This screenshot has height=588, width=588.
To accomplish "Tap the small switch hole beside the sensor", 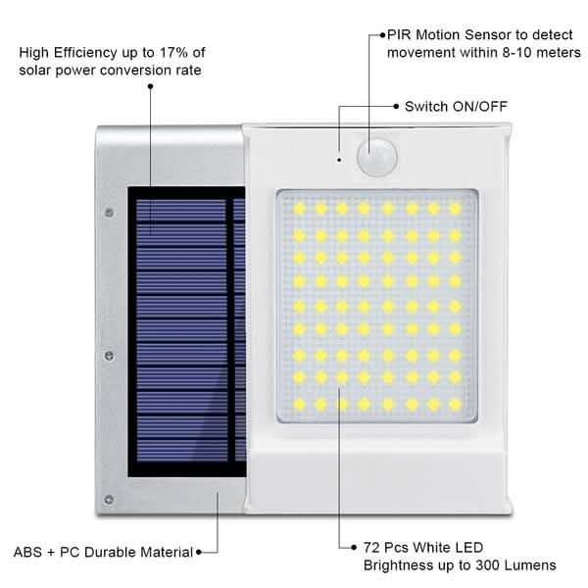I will click(x=339, y=157).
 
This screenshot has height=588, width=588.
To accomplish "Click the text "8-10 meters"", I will click(x=523, y=51).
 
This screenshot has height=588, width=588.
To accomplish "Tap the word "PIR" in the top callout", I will click(x=402, y=33).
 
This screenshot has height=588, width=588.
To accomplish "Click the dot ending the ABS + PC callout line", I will click(x=200, y=552).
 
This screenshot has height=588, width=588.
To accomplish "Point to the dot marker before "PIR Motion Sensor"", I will click(x=382, y=33).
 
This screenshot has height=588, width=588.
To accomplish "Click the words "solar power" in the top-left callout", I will click(x=59, y=70).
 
